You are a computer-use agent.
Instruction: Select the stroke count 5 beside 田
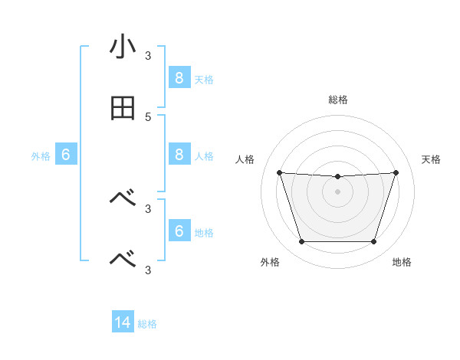[x=148, y=117]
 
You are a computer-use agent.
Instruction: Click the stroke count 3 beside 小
[x=148, y=56]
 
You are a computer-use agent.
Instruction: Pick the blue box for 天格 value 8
[x=179, y=77]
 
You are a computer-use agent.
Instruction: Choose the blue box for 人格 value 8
[x=179, y=154]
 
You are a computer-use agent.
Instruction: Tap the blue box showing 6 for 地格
[x=179, y=231]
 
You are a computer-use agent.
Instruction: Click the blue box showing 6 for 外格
[x=66, y=154]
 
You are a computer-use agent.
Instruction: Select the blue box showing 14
[x=123, y=322]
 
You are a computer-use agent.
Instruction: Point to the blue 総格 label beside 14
[x=147, y=324]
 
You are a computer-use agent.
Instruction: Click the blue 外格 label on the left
[x=41, y=155]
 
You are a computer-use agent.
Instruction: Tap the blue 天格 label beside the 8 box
[x=204, y=79]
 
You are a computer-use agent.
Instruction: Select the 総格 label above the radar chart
[x=338, y=100]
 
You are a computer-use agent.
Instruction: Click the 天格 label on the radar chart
[x=432, y=159]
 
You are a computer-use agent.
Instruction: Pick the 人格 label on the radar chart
[x=245, y=159]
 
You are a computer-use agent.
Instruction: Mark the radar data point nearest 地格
[x=374, y=242]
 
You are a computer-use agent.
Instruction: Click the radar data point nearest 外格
[x=301, y=242]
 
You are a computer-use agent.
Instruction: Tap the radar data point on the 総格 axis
[x=337, y=177]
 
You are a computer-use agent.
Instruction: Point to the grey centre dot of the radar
[x=337, y=191]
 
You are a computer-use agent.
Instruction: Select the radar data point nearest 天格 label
[x=396, y=172]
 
